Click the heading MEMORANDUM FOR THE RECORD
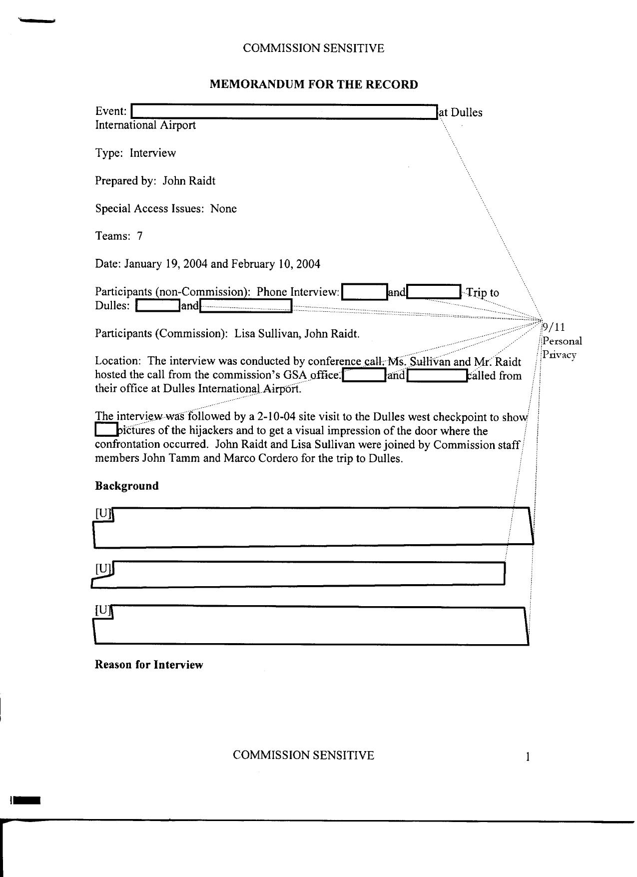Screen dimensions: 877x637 click(x=313, y=84)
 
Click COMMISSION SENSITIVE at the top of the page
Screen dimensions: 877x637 click(x=313, y=48)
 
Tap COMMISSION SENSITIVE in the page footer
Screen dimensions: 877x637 click(x=303, y=755)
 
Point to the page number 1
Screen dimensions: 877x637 click(x=527, y=757)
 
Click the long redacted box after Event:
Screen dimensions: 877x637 click(x=284, y=112)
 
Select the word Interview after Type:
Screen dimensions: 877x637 click(x=153, y=153)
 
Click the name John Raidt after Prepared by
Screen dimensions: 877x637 click(x=189, y=181)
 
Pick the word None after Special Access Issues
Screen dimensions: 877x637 click(x=223, y=209)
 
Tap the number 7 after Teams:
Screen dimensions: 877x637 click(x=140, y=236)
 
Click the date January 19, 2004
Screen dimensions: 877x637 click(x=165, y=264)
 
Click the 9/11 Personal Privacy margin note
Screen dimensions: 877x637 click(x=562, y=341)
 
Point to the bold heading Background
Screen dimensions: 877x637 click(x=127, y=486)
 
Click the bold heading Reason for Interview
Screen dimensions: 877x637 click(x=149, y=665)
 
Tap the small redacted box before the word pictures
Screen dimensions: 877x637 click(x=105, y=430)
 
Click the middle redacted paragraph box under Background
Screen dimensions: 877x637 click(x=305, y=574)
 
